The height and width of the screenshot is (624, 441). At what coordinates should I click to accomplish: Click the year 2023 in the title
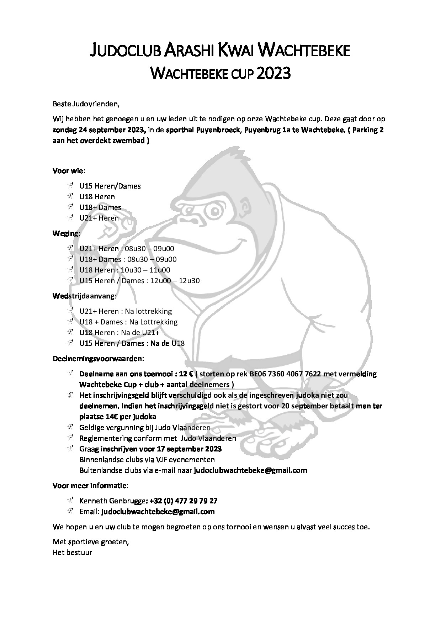273,74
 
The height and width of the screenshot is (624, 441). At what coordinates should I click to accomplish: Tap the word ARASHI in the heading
189,51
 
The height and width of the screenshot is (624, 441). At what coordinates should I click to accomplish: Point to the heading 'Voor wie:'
69,170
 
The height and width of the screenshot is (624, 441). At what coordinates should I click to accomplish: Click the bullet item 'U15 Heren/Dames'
110,186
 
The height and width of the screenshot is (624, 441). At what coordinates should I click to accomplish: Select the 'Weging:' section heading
67,233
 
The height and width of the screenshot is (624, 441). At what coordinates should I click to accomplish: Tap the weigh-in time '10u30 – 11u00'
145,270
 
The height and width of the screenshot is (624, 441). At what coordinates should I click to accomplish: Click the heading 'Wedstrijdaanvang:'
85,296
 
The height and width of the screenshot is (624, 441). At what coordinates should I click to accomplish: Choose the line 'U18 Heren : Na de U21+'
119,333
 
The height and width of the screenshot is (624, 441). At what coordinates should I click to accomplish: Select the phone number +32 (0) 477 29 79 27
184,501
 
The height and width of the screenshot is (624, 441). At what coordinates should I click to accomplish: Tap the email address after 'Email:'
158,512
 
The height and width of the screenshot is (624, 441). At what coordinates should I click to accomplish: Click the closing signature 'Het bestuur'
73,552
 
